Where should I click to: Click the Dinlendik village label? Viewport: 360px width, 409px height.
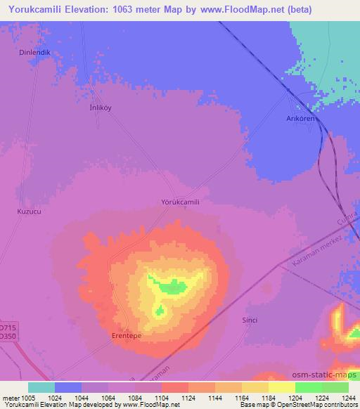(x=34, y=52)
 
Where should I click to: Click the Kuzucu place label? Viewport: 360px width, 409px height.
(x=29, y=210)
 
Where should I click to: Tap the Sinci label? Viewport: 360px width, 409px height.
(x=250, y=320)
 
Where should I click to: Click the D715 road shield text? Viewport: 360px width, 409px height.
(x=6, y=327)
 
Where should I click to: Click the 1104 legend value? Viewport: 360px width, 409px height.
(x=148, y=398)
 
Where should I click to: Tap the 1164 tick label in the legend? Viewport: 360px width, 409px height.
(x=229, y=398)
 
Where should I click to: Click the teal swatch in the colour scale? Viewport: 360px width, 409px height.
(x=41, y=387)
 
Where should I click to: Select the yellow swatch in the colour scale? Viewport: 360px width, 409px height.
(x=281, y=387)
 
